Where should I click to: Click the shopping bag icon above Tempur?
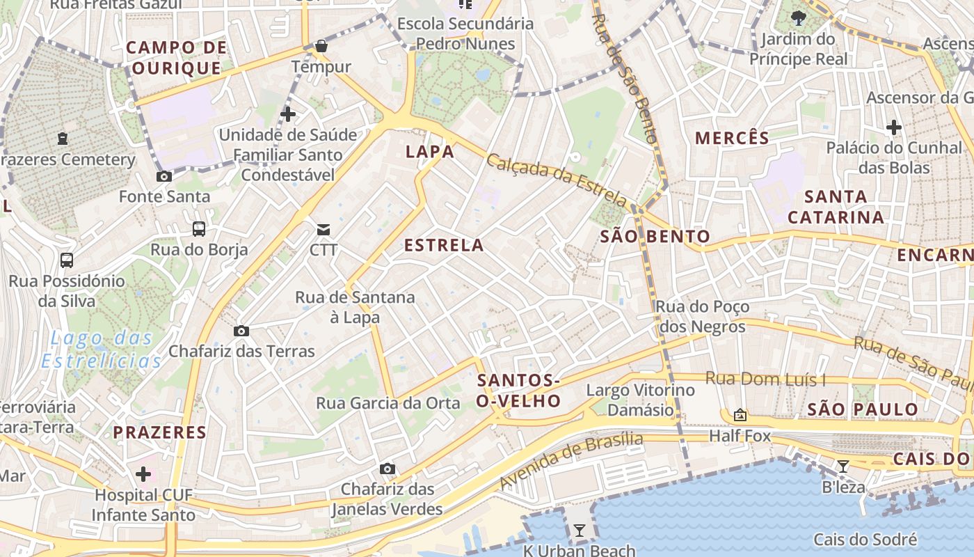tap(321, 47)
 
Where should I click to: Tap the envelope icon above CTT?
tap(324, 229)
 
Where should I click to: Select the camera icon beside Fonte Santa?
tap(164, 177)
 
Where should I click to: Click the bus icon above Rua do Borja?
tap(199, 228)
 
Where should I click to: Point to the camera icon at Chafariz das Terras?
tap(241, 331)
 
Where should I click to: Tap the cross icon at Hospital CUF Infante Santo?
tap(143, 475)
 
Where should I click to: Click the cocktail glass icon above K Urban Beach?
tap(579, 531)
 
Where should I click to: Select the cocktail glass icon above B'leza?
tap(843, 466)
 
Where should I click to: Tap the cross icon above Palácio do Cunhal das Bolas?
tap(894, 127)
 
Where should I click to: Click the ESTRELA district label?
tap(444, 245)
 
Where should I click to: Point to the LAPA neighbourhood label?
tap(430, 152)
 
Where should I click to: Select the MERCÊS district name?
tap(732, 138)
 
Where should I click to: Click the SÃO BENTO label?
tap(655, 237)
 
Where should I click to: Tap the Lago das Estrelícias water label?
tap(102, 350)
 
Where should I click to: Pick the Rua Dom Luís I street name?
tap(765, 379)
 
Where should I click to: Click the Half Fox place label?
tap(740, 436)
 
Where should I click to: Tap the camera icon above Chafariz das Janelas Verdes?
tap(388, 469)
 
